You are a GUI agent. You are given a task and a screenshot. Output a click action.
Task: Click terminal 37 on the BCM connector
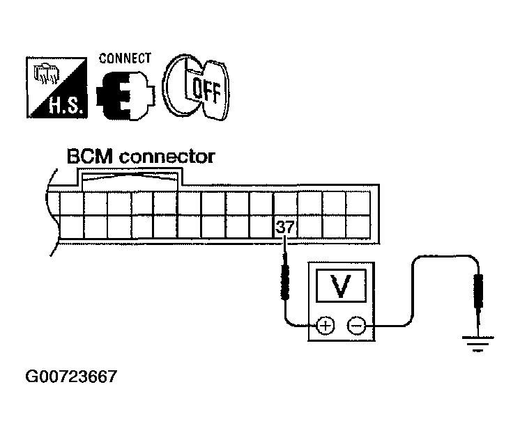coord(284,228)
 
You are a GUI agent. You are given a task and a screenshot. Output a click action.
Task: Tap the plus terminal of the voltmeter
coord(326,325)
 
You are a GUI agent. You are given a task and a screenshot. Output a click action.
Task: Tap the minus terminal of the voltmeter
coord(357,325)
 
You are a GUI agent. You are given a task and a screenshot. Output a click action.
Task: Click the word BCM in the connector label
coord(91,157)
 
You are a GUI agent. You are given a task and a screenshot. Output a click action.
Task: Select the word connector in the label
coord(167,157)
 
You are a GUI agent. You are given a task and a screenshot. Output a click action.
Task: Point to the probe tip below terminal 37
coord(284,282)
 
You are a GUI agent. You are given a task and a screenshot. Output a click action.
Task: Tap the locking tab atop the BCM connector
coord(132,180)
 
